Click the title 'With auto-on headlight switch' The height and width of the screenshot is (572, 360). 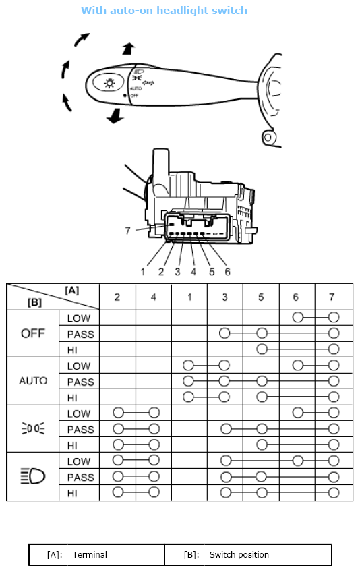(164, 11)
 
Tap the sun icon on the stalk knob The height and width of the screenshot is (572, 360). (109, 83)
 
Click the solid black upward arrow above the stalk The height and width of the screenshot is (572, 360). (128, 49)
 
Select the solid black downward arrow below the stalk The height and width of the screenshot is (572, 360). (115, 116)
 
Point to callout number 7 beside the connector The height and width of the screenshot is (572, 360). (127, 231)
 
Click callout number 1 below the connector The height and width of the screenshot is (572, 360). (143, 272)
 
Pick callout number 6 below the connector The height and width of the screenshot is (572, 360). (227, 272)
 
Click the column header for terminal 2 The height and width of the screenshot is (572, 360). (117, 297)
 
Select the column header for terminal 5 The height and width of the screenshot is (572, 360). (261, 297)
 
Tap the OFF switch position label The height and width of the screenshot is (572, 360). (33, 333)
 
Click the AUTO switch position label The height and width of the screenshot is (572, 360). (33, 381)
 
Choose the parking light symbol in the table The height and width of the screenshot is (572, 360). (33, 428)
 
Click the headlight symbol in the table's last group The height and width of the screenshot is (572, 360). (33, 476)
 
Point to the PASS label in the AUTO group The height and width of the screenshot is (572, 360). (81, 382)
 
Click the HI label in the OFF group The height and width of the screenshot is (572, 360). (72, 350)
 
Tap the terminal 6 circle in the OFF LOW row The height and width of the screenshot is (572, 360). (297, 318)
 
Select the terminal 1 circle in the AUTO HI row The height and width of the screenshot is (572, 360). (188, 397)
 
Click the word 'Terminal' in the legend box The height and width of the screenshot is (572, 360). (90, 555)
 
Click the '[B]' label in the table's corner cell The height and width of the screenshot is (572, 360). (35, 302)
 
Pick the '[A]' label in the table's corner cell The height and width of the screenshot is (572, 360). (72, 290)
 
